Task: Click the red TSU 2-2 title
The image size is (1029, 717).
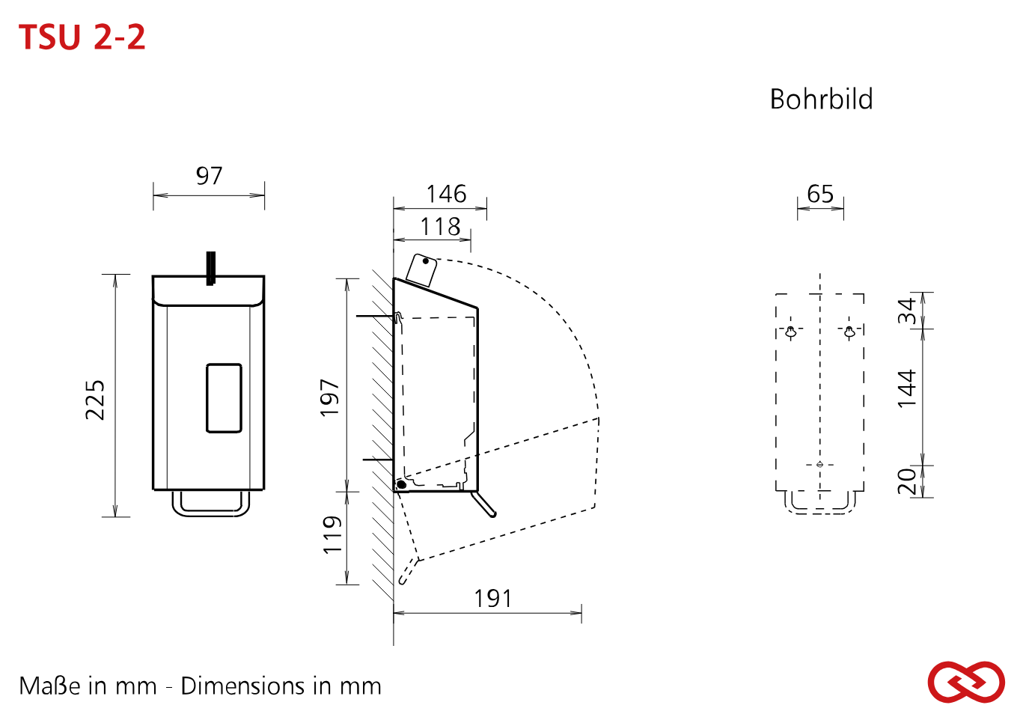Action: pyautogui.click(x=82, y=37)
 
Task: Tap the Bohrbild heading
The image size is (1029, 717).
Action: pyautogui.click(x=822, y=99)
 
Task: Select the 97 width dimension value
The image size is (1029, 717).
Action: pyautogui.click(x=209, y=175)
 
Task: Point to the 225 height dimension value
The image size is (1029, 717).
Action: pyautogui.click(x=96, y=400)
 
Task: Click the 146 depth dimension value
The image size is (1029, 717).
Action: pyautogui.click(x=446, y=194)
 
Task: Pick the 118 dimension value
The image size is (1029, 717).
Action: pyautogui.click(x=440, y=227)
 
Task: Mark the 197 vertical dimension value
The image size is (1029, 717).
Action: pyautogui.click(x=330, y=397)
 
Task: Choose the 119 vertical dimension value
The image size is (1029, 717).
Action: pyautogui.click(x=332, y=534)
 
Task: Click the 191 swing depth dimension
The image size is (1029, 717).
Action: pyautogui.click(x=492, y=599)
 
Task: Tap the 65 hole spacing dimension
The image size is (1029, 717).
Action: pyautogui.click(x=820, y=194)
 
